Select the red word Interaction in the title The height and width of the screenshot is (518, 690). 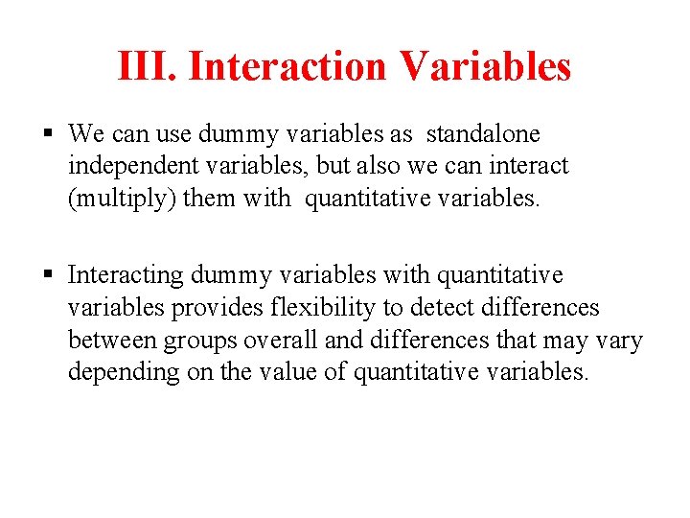[287, 67]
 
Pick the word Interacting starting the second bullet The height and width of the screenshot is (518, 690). [126, 275]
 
